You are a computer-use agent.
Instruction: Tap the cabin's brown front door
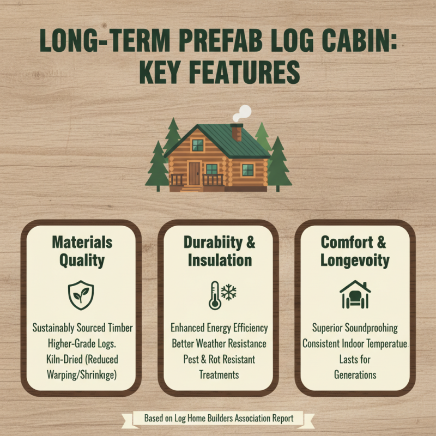pos(195,172)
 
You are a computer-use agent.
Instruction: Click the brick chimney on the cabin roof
pos(237,132)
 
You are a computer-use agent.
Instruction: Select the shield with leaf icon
pos(81,294)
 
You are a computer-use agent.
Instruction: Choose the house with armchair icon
pos(355,294)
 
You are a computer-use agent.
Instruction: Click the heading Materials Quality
pos(82,251)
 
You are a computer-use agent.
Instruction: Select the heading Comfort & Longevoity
pos(355,251)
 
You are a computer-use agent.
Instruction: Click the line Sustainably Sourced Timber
pos(82,328)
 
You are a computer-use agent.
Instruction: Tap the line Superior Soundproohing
pos(355,328)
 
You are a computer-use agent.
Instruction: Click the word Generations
pos(355,376)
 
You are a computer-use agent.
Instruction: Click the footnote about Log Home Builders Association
pos(219,418)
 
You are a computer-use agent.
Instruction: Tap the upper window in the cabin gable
pos(197,145)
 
